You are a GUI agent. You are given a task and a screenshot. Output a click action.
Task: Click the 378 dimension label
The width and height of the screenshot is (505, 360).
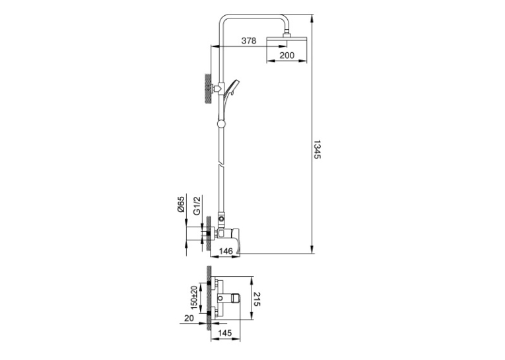coord(249,40)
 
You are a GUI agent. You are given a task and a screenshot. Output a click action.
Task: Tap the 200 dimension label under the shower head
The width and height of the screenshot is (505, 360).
coord(286,55)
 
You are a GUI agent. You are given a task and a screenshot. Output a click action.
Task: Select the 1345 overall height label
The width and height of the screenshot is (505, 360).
coord(318,149)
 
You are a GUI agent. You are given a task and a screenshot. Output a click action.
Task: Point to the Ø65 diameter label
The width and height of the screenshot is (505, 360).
coord(180,204)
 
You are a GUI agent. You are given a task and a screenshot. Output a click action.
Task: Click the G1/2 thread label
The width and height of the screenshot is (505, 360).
coord(197,205)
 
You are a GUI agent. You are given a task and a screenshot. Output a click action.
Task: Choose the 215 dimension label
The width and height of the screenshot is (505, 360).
coord(257,299)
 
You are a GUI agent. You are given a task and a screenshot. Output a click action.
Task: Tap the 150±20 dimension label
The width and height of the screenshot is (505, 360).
coord(194,297)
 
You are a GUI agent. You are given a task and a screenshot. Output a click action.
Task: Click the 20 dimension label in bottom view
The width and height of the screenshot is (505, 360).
coord(189,318)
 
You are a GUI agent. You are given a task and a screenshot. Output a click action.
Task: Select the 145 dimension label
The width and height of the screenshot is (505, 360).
coord(224,333)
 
